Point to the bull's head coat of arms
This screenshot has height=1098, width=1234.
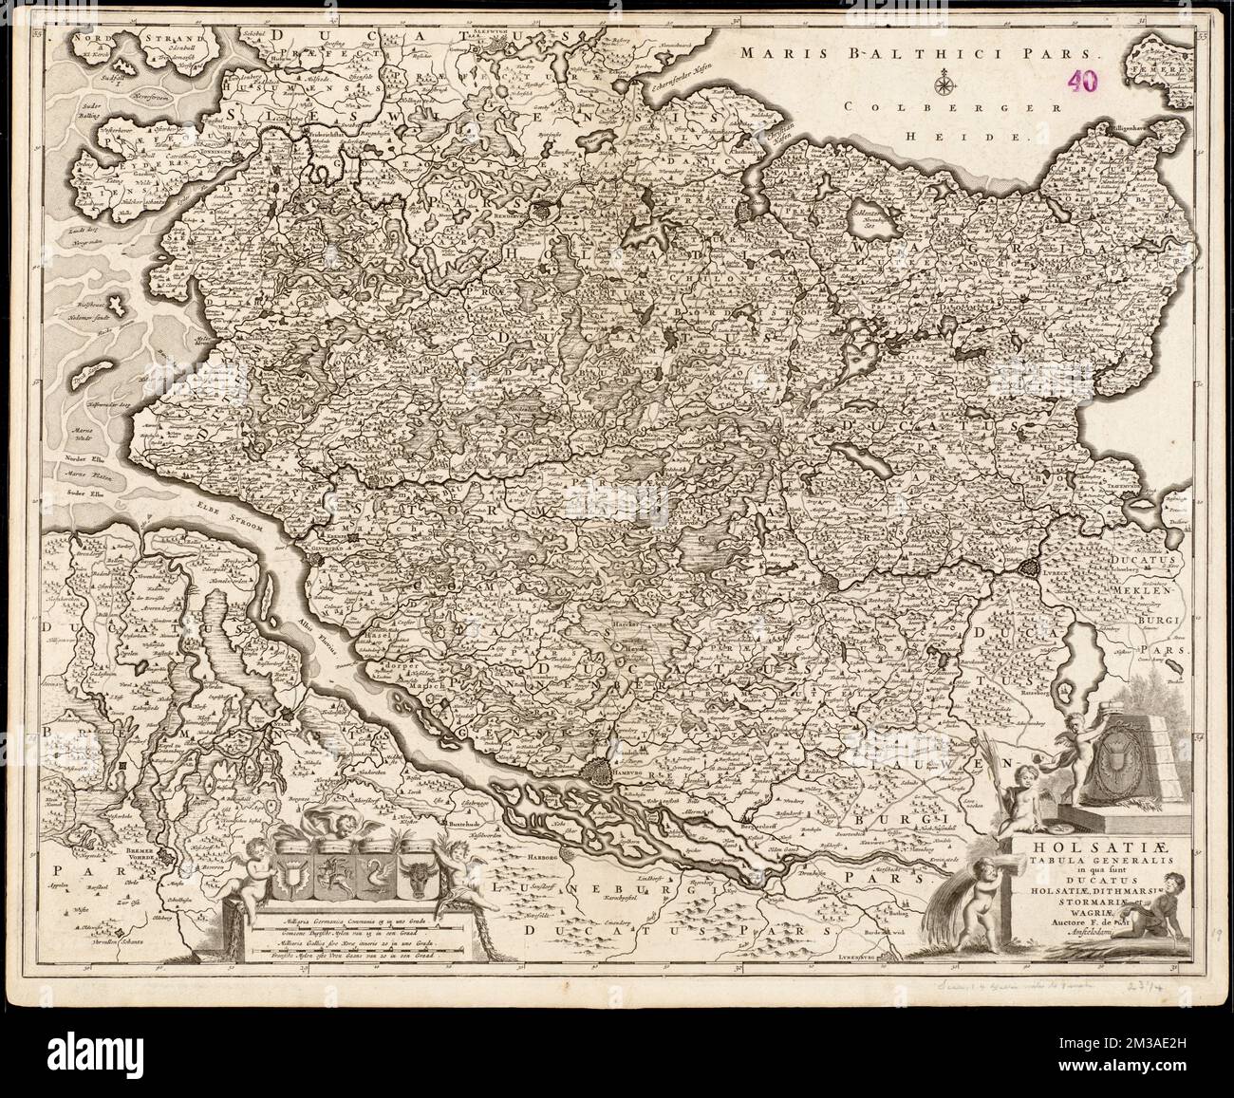[419, 867]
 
